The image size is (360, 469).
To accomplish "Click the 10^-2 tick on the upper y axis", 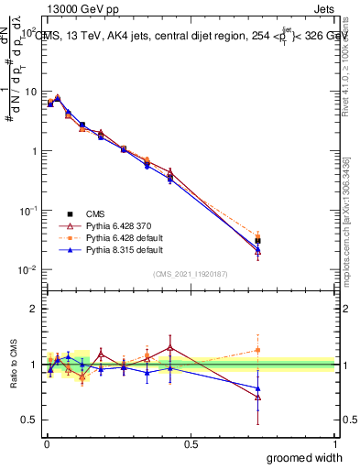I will coord(31,270).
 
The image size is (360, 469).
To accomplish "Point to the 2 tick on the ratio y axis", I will coord(36,309).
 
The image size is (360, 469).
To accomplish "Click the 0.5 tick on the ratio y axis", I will coord(31,420).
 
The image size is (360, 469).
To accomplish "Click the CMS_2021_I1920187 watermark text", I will coord(191,274).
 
